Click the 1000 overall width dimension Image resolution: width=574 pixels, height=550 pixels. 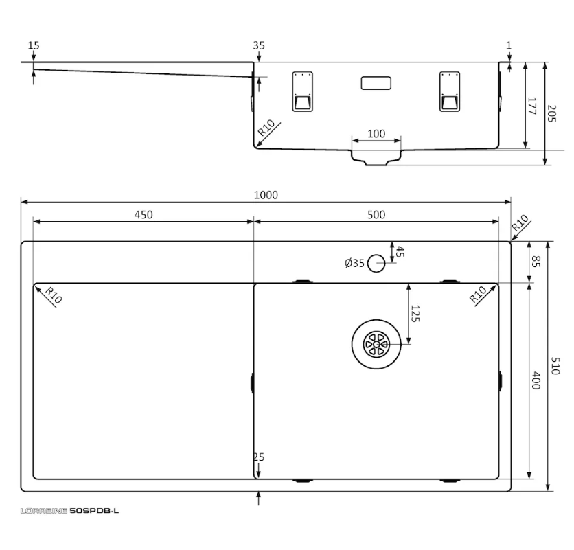[x=266, y=195]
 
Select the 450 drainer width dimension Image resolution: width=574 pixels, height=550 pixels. [x=143, y=215]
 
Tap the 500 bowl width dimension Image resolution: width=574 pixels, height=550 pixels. [x=376, y=215]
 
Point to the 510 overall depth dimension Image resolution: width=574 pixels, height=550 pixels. [x=555, y=366]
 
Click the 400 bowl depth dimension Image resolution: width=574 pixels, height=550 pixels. [x=536, y=380]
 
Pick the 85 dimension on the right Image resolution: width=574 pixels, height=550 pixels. [x=536, y=262]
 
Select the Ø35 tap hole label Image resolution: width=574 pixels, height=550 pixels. [x=354, y=263]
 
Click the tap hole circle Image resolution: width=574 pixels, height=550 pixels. [x=376, y=263]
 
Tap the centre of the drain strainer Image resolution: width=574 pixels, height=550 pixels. [x=376, y=344]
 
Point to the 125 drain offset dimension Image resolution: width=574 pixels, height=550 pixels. [x=415, y=314]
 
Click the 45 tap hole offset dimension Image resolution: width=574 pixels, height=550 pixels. [x=400, y=251]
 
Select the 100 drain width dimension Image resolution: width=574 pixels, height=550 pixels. [x=376, y=134]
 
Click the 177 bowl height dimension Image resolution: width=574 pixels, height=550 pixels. [x=532, y=106]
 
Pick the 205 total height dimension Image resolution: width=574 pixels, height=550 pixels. [x=551, y=113]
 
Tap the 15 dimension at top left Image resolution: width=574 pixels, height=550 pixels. [x=34, y=45]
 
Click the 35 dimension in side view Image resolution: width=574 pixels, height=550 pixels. [x=259, y=45]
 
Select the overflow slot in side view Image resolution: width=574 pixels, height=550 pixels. [x=376, y=83]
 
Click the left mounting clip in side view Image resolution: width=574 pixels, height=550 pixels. [x=303, y=91]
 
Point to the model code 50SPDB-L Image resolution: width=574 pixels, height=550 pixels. [x=94, y=510]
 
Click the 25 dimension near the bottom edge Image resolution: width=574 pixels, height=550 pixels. [x=259, y=457]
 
